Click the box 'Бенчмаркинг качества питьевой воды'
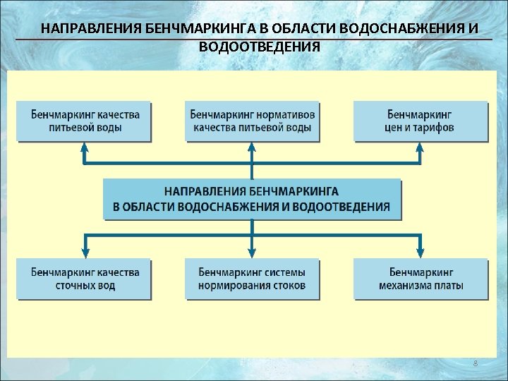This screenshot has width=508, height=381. click(x=85, y=121)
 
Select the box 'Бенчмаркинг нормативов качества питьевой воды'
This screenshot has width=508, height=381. click(x=251, y=121)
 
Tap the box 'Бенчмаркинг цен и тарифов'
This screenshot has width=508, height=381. click(x=421, y=121)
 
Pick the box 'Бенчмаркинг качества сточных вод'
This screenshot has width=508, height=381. click(x=85, y=279)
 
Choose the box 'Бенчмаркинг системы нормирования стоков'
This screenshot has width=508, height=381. click(x=251, y=279)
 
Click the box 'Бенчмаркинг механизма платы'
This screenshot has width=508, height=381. click(x=421, y=279)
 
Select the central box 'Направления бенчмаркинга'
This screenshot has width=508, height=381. click(x=251, y=199)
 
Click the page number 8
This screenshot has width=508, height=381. click(x=475, y=363)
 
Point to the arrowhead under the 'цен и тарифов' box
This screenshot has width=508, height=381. click(x=421, y=148)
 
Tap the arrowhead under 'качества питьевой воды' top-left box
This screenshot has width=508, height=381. click(x=85, y=148)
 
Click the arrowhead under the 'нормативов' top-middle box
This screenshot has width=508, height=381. click(x=251, y=148)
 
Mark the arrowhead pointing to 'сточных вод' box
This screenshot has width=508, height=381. click(x=85, y=252)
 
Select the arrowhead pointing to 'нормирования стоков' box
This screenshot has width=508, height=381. click(x=251, y=252)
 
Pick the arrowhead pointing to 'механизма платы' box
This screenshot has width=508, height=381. click(x=421, y=252)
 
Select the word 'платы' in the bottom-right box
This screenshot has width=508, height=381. click(x=448, y=286)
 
